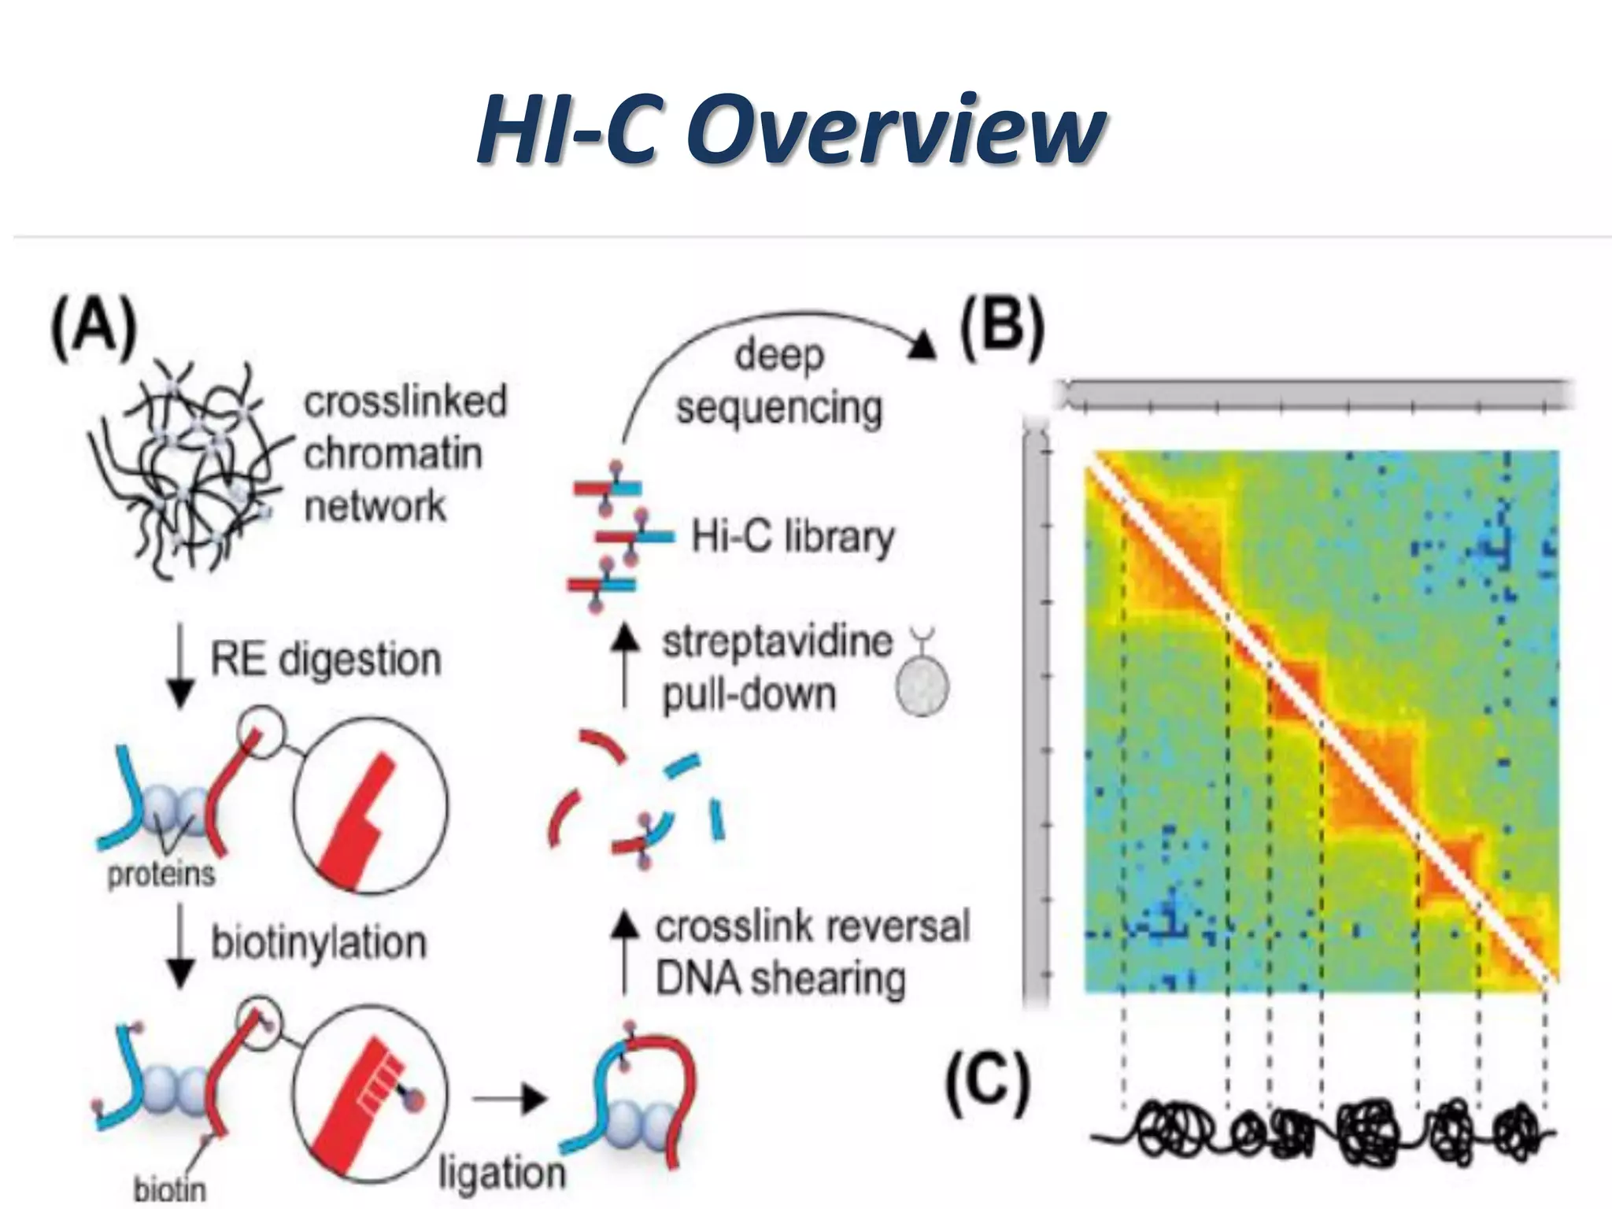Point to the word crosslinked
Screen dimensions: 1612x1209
coord(405,401)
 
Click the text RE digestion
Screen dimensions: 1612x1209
coord(325,660)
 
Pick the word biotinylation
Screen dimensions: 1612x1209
coord(318,942)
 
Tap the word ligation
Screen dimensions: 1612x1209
coord(501,1171)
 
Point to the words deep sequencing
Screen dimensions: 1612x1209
coord(779,381)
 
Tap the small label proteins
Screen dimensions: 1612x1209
coord(161,874)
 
